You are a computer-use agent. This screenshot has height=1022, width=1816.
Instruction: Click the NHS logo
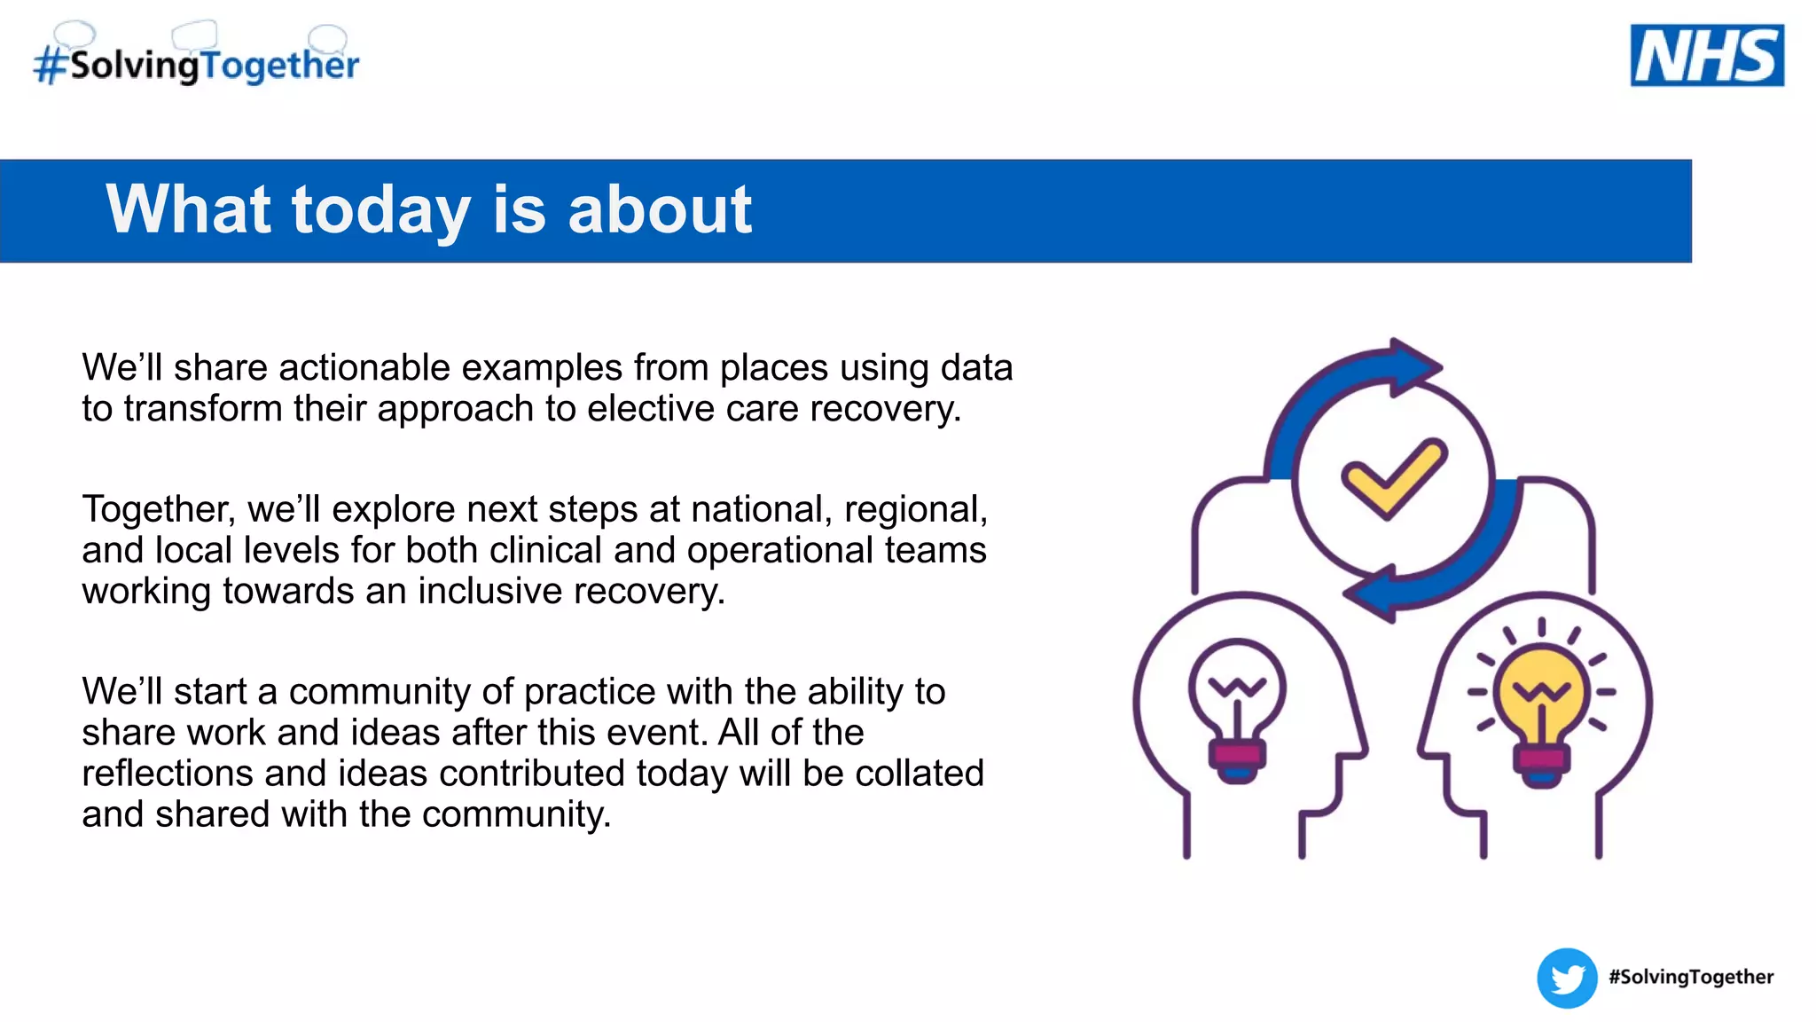[x=1707, y=55]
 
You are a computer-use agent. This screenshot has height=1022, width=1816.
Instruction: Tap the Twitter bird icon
[x=1567, y=979]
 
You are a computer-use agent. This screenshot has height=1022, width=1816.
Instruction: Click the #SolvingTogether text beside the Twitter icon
[x=1691, y=977]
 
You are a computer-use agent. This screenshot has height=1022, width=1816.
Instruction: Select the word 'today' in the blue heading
[x=380, y=210]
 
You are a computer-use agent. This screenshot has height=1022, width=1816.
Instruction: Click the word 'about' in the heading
[x=660, y=210]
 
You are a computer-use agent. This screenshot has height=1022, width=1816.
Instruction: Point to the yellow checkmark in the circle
[x=1393, y=478]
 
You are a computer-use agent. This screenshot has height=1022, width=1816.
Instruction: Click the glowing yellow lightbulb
[x=1541, y=701]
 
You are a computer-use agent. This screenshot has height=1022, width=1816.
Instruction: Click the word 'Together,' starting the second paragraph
[x=159, y=509]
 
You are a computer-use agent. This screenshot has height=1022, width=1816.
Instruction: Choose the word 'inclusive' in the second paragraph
[x=489, y=591]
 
